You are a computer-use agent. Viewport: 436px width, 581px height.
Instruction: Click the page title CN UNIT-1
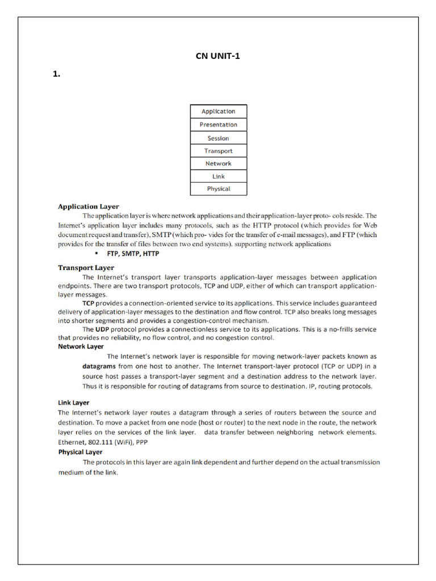click(x=213, y=56)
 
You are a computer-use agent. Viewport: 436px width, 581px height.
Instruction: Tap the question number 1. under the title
click(x=56, y=74)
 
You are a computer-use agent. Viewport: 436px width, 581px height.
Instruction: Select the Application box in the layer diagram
click(x=218, y=111)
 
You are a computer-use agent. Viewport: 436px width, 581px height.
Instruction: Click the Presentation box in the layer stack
click(x=218, y=125)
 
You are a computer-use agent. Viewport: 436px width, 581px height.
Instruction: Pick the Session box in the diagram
click(x=218, y=138)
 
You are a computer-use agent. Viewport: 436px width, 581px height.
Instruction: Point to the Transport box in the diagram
click(x=218, y=151)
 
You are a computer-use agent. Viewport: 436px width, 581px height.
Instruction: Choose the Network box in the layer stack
click(x=218, y=163)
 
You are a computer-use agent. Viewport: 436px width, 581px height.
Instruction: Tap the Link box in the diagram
click(x=218, y=176)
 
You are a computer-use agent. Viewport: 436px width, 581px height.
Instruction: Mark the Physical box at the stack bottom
click(x=218, y=189)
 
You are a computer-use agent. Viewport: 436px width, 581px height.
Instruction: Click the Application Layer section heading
click(x=89, y=207)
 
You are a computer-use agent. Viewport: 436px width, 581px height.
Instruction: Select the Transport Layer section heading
click(x=86, y=267)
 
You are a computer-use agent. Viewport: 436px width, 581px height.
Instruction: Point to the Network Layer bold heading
click(x=81, y=346)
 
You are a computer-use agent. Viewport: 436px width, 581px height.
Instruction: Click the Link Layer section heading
click(x=74, y=402)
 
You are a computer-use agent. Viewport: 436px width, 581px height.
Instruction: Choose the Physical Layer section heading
click(x=80, y=452)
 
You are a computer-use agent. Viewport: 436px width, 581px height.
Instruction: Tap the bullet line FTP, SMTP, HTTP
click(x=133, y=254)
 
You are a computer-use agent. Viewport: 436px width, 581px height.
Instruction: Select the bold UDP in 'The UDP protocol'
click(x=102, y=329)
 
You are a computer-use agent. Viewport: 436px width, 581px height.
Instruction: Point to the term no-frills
click(x=339, y=329)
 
